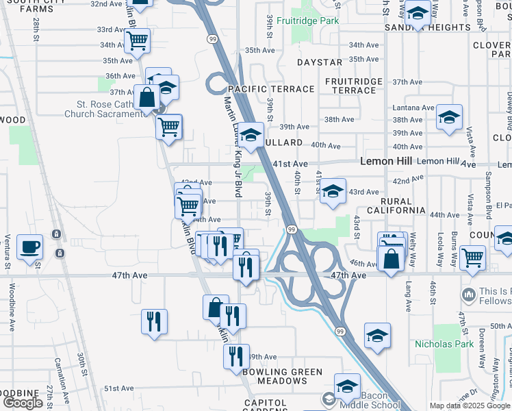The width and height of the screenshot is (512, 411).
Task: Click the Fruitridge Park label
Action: tap(314, 21)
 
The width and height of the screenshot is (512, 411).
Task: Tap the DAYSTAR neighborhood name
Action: tap(320, 62)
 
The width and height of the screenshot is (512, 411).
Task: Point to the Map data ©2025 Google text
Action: tap(470, 406)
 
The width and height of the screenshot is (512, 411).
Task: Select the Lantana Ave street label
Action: tap(413, 108)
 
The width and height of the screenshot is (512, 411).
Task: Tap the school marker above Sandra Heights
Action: tap(417, 14)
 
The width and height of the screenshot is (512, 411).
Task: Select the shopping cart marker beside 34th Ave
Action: tap(137, 42)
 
